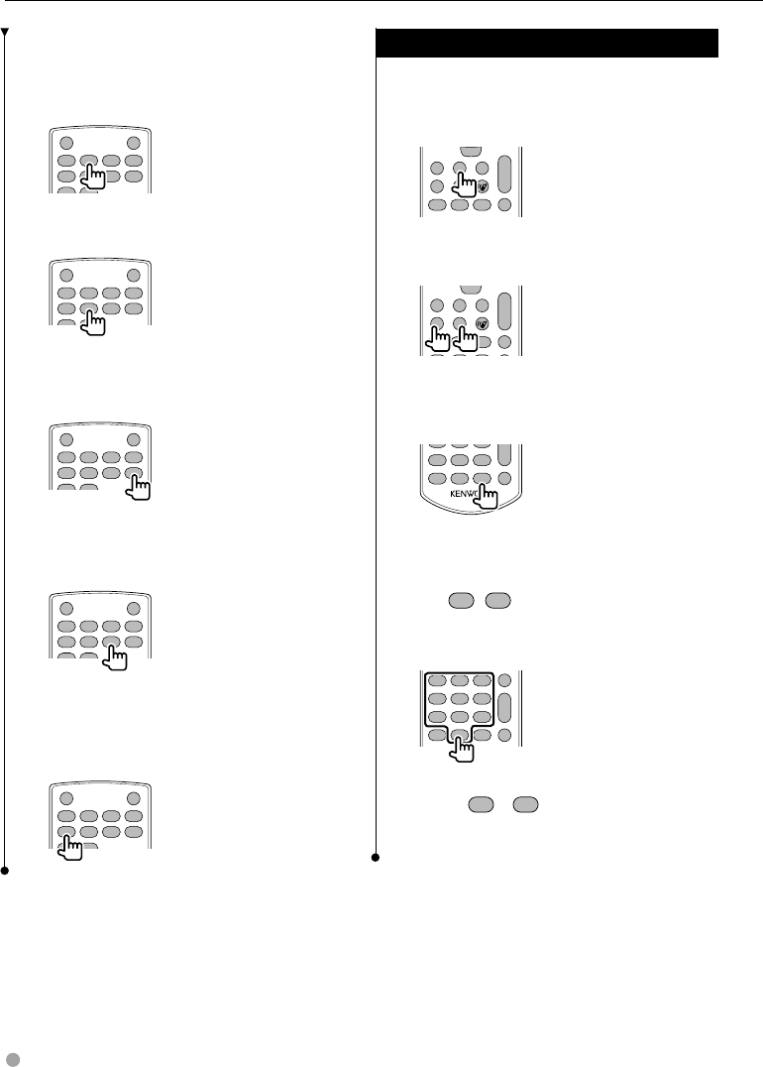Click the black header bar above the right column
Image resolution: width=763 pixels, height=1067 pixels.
548,45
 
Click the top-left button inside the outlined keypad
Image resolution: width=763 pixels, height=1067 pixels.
435,681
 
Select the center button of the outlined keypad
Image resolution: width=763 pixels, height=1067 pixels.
459,699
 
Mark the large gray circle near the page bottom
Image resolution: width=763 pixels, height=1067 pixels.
10,1053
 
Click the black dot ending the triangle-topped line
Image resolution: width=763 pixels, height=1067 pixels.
6,871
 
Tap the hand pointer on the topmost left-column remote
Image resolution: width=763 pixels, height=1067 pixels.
94,177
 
